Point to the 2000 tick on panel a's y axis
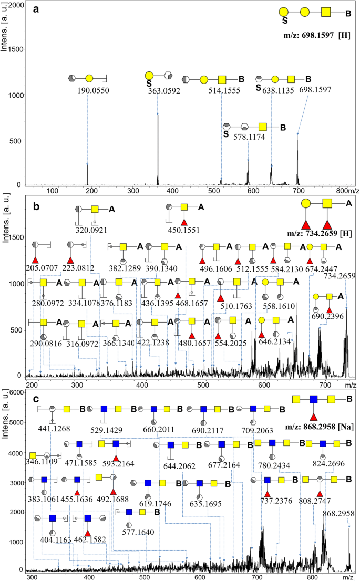point(16,5)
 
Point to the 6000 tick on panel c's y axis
point(17,392)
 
